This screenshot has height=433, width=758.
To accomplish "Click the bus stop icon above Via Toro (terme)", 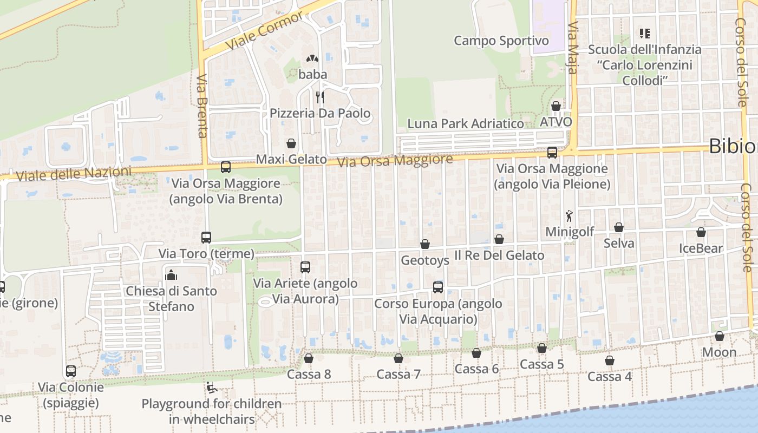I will (206, 237).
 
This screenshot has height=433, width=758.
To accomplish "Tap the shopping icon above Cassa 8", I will (309, 358).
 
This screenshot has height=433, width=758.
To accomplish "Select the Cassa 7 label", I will (398, 374).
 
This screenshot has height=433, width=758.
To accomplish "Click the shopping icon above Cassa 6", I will (476, 353).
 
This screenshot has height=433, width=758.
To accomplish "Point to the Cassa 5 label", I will (542, 364).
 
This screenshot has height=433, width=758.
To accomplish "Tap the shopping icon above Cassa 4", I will (610, 360).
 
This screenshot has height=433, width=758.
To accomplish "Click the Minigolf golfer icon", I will (569, 216).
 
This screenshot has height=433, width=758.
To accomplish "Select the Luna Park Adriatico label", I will (466, 123).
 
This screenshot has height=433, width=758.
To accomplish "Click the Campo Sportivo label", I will (501, 41).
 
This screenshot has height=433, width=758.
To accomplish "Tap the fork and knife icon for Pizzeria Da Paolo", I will (320, 97).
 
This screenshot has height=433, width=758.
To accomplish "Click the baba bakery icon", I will (312, 58).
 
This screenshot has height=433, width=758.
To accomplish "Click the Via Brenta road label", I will (202, 106).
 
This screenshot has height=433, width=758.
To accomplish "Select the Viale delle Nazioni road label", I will (74, 174).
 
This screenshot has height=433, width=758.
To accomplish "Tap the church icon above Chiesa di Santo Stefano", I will (171, 275).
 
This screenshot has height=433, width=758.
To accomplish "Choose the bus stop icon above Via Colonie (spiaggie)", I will (71, 371).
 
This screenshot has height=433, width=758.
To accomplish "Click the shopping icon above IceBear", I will (701, 233).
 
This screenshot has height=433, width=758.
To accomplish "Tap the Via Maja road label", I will (573, 48).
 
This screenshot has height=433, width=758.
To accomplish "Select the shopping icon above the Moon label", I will (720, 337).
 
